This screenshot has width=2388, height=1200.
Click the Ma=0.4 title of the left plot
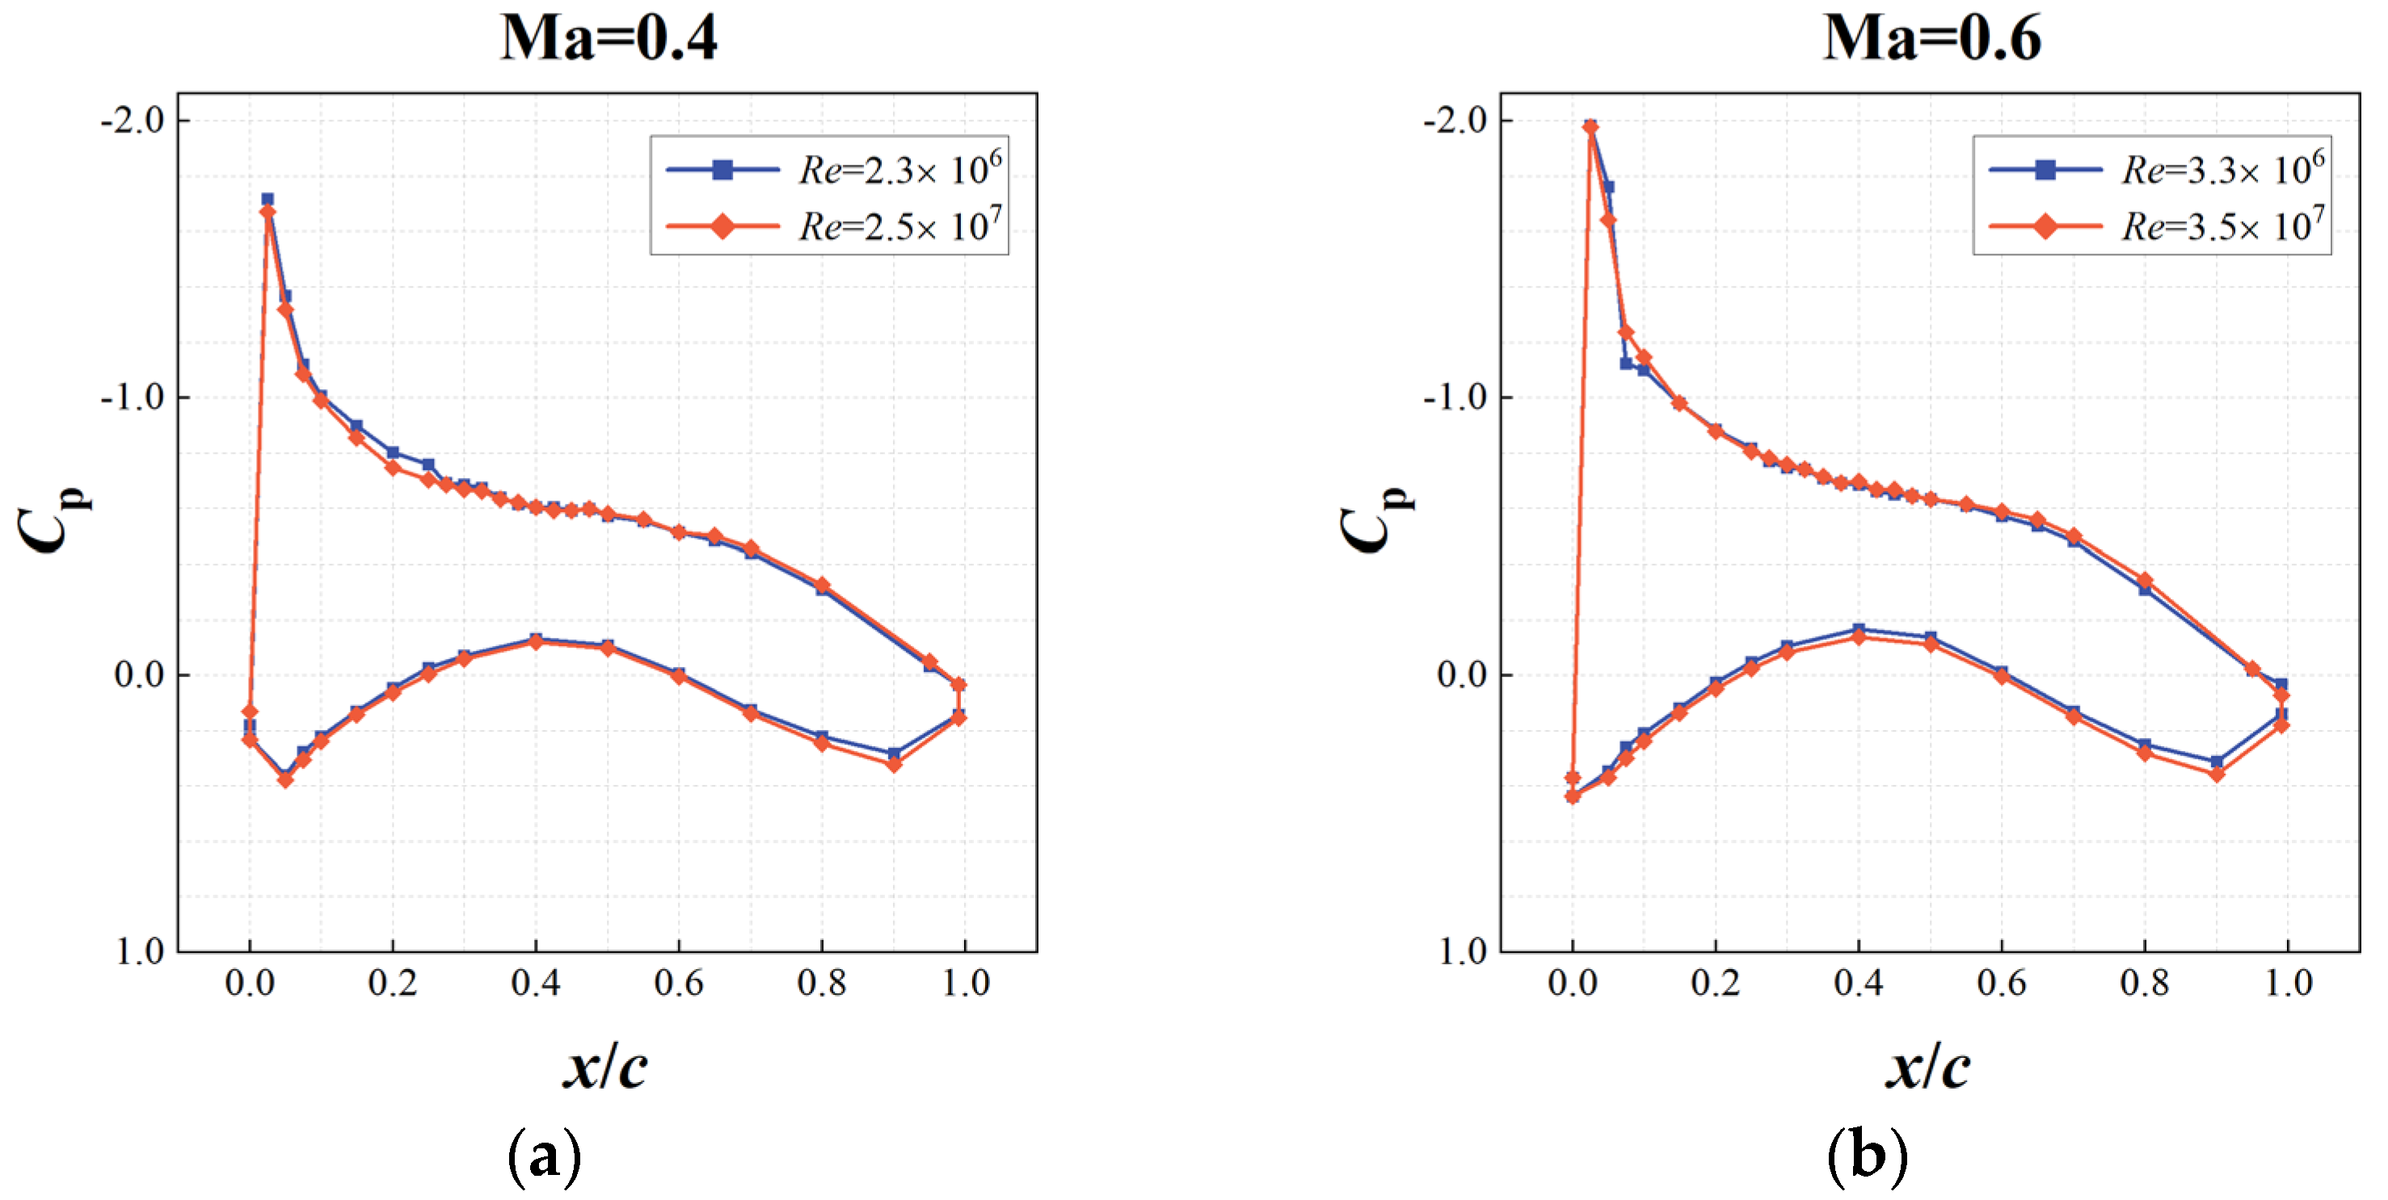609,39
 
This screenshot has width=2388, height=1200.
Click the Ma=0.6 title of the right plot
1932,39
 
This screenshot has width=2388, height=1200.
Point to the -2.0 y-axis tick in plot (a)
133,120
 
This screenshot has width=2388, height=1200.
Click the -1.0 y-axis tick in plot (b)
1455,397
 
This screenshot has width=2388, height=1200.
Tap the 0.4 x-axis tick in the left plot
536,983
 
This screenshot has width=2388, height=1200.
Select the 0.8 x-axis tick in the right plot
2145,983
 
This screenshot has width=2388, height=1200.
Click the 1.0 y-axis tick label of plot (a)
141,951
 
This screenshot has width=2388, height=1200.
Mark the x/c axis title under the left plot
606,1068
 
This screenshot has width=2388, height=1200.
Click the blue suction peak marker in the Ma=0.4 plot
267,199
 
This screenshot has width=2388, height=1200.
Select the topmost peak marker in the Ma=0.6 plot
1590,128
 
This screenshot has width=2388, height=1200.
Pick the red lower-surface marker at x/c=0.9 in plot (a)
894,765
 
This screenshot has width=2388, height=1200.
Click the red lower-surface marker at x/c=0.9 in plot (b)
2217,774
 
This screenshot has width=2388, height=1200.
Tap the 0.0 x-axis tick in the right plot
1573,983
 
